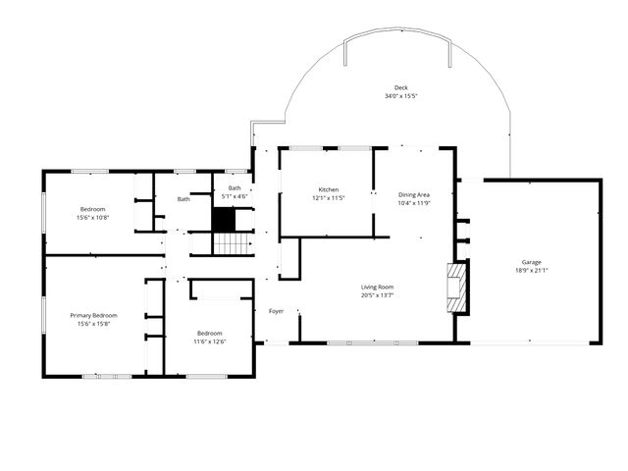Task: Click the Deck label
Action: [x=400, y=87]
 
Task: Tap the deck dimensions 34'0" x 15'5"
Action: [x=400, y=96]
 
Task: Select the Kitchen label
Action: [x=328, y=189]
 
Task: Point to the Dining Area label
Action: [x=414, y=194]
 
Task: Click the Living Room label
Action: [x=377, y=287]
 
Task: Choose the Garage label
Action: [x=532, y=262]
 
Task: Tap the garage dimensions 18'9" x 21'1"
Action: [x=532, y=271]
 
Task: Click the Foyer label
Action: [x=277, y=311]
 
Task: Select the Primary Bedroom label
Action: [x=93, y=315]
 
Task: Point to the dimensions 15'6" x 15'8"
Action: [x=93, y=324]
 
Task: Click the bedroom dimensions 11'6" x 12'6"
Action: [x=209, y=341]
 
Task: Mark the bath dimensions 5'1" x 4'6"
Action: [x=235, y=196]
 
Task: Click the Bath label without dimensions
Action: [x=183, y=199]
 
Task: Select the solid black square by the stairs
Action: [x=225, y=221]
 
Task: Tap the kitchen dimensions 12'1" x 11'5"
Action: [x=328, y=198]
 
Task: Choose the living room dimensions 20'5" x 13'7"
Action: [x=377, y=295]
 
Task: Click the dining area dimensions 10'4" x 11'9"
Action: [x=414, y=203]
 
